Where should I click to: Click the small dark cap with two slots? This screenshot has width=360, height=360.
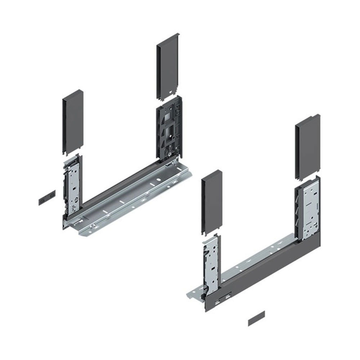pyautogui.click(x=47, y=198)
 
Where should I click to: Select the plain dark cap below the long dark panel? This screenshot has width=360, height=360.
pyautogui.click(x=256, y=318)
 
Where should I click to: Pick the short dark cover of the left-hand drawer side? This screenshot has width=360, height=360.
pyautogui.click(x=73, y=122)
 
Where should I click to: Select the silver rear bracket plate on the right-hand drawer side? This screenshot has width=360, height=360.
pyautogui.click(x=310, y=211)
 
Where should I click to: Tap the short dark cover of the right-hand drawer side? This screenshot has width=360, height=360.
pyautogui.click(x=212, y=202)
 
